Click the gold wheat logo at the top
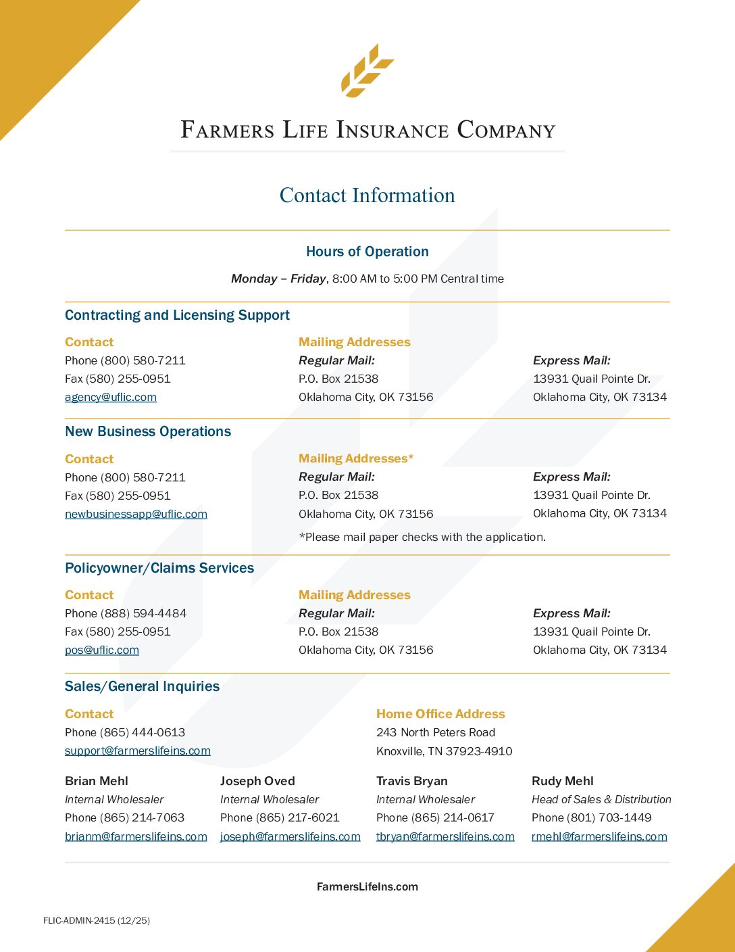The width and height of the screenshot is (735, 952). pyautogui.click(x=367, y=70)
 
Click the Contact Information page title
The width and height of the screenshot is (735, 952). pyautogui.click(x=367, y=195)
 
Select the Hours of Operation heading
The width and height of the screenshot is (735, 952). pyautogui.click(x=367, y=252)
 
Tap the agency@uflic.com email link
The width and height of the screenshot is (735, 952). pyautogui.click(x=111, y=398)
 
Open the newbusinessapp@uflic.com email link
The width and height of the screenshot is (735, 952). pyautogui.click(x=136, y=514)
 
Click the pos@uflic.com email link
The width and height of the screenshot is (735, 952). pyautogui.click(x=102, y=650)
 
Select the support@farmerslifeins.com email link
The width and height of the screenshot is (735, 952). pyautogui.click(x=138, y=751)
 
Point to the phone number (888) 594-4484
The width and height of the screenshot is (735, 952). pyautogui.click(x=143, y=613)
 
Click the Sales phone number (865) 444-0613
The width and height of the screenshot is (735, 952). pyautogui.click(x=143, y=732)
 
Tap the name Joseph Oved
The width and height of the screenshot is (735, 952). pyautogui.click(x=257, y=781)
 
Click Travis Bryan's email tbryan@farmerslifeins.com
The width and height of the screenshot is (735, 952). pyautogui.click(x=445, y=836)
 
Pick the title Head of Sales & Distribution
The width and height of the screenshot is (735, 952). pyautogui.click(x=601, y=799)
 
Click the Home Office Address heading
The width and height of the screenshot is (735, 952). pyautogui.click(x=440, y=714)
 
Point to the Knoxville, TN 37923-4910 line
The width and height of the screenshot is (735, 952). pyautogui.click(x=444, y=751)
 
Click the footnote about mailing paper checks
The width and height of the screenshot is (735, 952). pyautogui.click(x=422, y=537)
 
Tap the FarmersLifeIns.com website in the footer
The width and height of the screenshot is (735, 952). pyautogui.click(x=367, y=886)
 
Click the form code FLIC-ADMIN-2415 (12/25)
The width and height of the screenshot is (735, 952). pyautogui.click(x=97, y=920)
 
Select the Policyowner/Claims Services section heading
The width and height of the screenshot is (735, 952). pyautogui.click(x=159, y=568)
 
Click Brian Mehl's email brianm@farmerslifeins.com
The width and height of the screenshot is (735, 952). pyautogui.click(x=136, y=836)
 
